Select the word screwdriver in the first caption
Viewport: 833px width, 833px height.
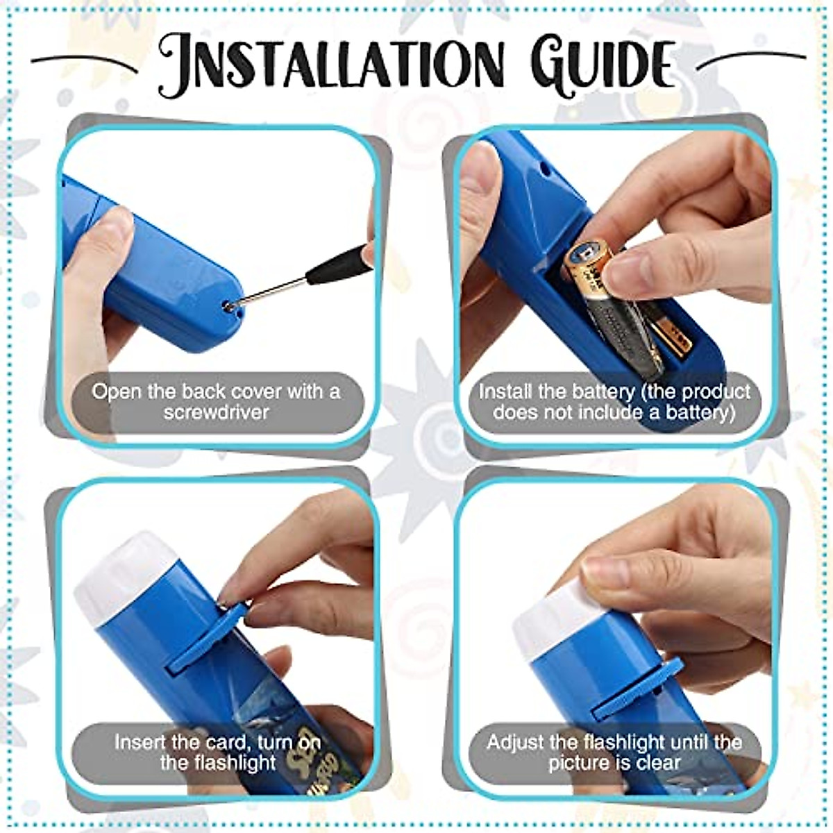217,412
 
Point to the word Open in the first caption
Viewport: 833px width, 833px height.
115,391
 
